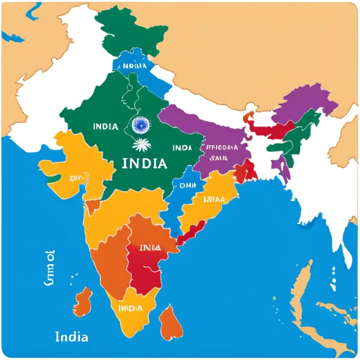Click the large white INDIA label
point(144,164)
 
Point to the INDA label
point(182,148)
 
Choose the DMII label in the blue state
point(187,185)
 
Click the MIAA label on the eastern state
point(214,199)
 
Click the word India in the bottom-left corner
point(71,337)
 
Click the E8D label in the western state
point(77,178)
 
